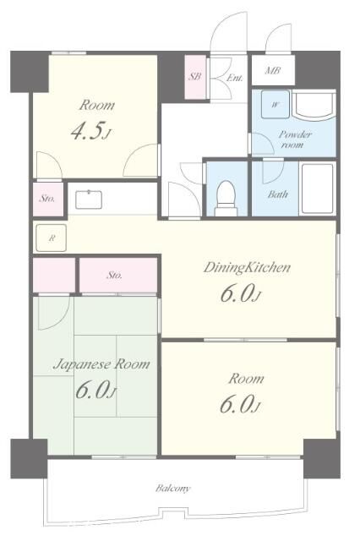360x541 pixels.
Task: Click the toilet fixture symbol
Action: [226, 199]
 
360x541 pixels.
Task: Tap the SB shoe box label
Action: [195, 76]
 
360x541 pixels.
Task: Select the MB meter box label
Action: [273, 70]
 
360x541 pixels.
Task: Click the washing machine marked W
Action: [275, 104]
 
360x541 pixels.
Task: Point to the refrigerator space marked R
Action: [52, 238]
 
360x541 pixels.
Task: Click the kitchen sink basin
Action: [89, 199]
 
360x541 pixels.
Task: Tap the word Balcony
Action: [172, 489]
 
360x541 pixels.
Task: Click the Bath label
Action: [277, 194]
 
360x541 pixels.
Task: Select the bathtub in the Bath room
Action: [318, 189]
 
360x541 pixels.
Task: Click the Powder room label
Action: [294, 139]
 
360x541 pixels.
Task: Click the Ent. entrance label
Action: [234, 78]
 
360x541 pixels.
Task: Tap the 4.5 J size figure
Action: [91, 131]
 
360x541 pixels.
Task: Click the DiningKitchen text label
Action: [247, 267]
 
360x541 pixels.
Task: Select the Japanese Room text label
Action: [101, 364]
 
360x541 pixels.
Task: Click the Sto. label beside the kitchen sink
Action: [46, 199]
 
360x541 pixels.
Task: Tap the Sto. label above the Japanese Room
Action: [114, 275]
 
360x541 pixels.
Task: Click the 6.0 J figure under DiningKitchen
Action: [240, 293]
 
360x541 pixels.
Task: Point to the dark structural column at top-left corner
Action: [30, 71]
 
